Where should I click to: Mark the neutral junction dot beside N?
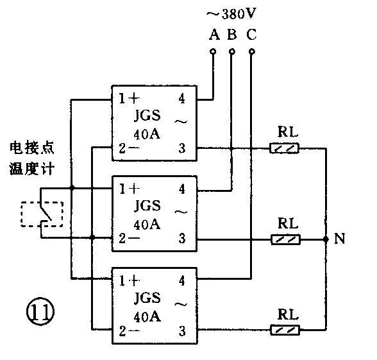(326, 239)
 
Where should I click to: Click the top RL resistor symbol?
(285, 148)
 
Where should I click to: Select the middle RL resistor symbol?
(285, 239)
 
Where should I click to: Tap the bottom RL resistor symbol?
(285, 330)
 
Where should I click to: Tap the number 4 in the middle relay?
(183, 189)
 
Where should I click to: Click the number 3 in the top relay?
(183, 149)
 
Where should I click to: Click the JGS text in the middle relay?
(147, 207)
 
